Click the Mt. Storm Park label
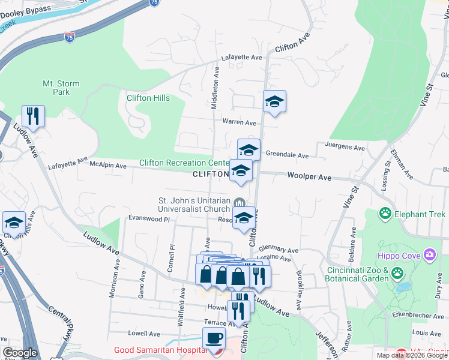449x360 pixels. (56, 88)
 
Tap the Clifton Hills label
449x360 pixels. (148, 98)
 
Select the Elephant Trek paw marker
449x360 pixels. (384, 214)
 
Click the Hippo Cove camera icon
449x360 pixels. (429, 256)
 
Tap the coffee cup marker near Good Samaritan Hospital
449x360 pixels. (214, 338)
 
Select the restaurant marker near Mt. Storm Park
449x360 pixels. (33, 116)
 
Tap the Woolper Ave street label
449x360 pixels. (309, 178)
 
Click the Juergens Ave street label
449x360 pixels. (345, 146)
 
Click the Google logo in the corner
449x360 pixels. (20, 353)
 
